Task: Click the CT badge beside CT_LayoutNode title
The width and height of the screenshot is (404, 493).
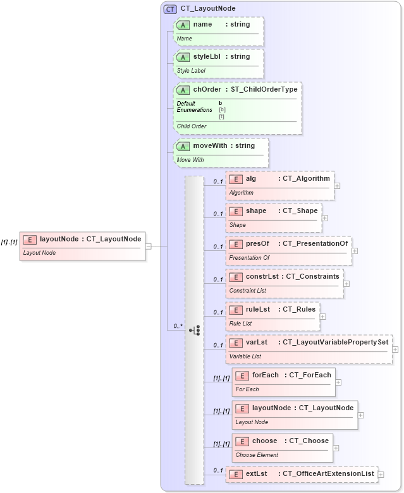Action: pyautogui.click(x=170, y=9)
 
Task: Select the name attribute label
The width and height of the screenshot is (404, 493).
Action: pyautogui.click(x=202, y=25)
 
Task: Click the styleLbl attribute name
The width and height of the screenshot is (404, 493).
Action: pyautogui.click(x=207, y=57)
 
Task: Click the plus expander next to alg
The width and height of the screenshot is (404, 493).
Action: pyautogui.click(x=337, y=186)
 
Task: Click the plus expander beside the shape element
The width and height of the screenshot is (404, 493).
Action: pyautogui.click(x=325, y=218)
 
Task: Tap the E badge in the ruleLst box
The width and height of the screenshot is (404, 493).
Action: pyautogui.click(x=236, y=310)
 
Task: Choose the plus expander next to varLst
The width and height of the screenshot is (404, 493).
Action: pyautogui.click(x=395, y=349)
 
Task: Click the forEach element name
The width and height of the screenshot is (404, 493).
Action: pyautogui.click(x=265, y=375)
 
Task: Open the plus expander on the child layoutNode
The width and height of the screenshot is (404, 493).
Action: pyautogui.click(x=360, y=415)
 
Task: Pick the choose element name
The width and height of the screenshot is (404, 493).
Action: pyautogui.click(x=264, y=441)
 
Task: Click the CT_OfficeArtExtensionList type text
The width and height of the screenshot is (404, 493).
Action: pyautogui.click(x=328, y=473)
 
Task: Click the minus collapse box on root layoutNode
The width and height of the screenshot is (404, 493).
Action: pyautogui.click(x=149, y=246)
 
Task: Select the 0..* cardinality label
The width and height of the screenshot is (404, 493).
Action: pyautogui.click(x=178, y=326)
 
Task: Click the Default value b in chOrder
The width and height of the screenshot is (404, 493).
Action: pyautogui.click(x=221, y=103)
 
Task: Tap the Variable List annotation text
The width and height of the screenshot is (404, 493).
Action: pyautogui.click(x=245, y=356)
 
